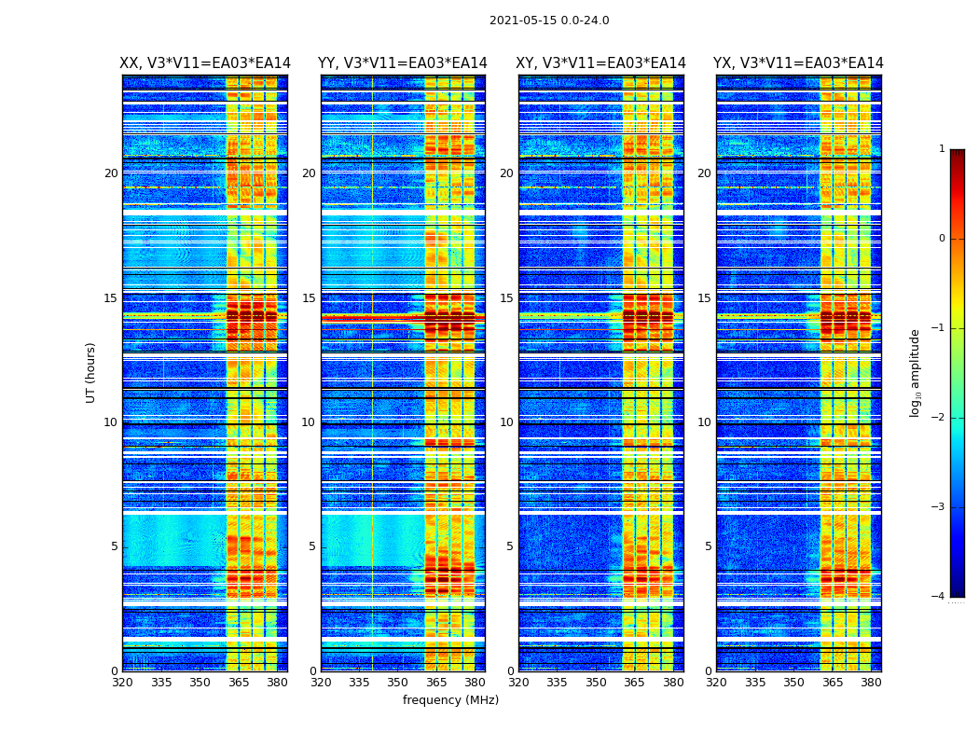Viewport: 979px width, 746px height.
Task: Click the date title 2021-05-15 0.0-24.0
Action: click(549, 21)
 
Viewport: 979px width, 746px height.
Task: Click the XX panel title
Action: click(205, 63)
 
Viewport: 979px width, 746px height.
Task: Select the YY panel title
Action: click(403, 63)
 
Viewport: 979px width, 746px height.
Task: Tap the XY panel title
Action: click(601, 63)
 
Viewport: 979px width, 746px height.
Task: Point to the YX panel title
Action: click(798, 63)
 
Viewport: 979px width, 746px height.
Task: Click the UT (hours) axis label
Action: click(91, 372)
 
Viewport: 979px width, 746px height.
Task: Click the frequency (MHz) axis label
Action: click(450, 700)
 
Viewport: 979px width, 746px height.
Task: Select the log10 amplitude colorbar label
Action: click(916, 372)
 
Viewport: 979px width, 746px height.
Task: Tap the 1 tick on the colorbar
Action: click(941, 149)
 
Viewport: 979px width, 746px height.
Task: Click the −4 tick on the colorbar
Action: click(938, 597)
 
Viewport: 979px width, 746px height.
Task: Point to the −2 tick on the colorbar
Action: click(938, 418)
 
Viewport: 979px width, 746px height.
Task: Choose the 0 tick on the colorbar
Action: click(941, 239)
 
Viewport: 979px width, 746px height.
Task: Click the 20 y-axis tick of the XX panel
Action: click(111, 173)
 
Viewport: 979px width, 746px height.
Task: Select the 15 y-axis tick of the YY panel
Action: click(309, 298)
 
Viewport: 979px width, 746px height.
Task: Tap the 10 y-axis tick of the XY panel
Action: click(506, 422)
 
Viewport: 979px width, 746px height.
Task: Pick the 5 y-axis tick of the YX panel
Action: click(708, 546)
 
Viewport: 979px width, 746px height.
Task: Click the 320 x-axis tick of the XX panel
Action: click(122, 683)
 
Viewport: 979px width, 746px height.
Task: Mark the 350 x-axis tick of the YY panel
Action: click(398, 683)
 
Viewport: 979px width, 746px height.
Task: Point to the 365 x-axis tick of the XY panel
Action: click(634, 683)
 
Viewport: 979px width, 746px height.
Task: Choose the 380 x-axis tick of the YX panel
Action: click(871, 683)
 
